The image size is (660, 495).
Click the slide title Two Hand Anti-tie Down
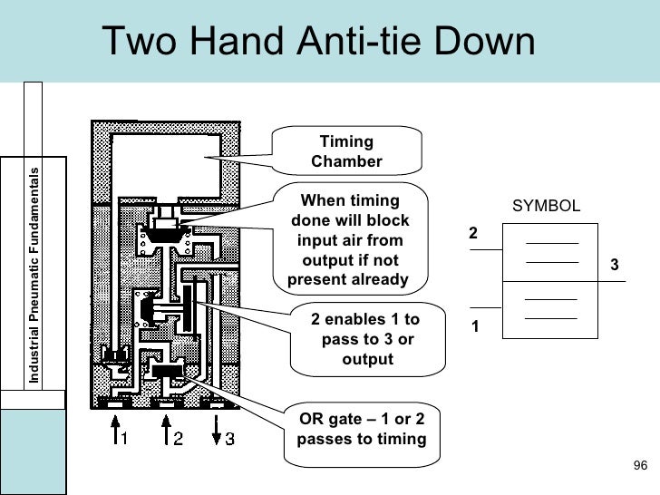[x=318, y=43]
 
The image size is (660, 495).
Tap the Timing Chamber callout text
[x=346, y=151]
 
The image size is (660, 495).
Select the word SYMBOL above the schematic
[x=546, y=206]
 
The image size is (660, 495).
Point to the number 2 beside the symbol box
[x=472, y=234]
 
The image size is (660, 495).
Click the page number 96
[x=639, y=466]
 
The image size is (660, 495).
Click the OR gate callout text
[x=361, y=429]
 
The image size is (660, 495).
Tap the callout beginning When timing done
[x=350, y=240]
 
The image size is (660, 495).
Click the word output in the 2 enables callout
[x=367, y=359]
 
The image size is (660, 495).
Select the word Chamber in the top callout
[x=346, y=162]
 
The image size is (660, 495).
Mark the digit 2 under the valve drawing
[x=179, y=439]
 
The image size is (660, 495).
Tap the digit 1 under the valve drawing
[x=126, y=439]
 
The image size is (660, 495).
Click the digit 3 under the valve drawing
[x=229, y=439]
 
